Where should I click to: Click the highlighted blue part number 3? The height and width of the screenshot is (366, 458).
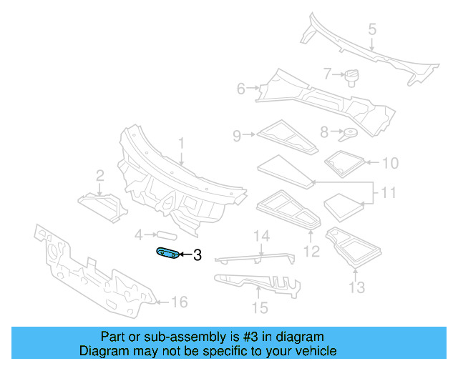click(x=168, y=254)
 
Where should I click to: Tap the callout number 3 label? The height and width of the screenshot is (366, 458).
click(x=198, y=254)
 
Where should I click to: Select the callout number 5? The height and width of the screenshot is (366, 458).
click(x=372, y=29)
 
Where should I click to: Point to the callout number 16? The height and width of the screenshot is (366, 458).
click(x=179, y=302)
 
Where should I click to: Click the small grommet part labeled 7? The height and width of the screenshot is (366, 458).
click(x=351, y=75)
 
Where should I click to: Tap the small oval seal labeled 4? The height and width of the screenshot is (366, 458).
click(x=165, y=234)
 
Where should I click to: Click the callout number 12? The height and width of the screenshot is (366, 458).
click(x=312, y=250)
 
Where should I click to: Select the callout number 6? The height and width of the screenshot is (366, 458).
click(x=241, y=89)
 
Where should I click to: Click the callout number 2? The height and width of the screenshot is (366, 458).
click(x=100, y=175)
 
